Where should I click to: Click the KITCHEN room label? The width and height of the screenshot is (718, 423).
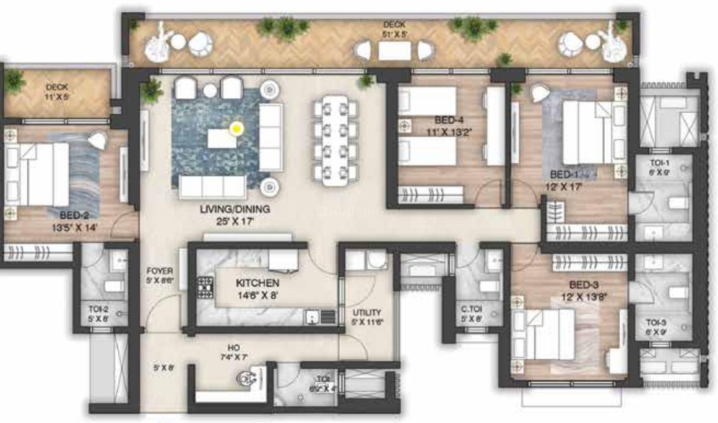coord(257,283)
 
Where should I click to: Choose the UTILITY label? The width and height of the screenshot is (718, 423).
coord(367,313)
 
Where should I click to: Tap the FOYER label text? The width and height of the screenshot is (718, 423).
coord(159,271)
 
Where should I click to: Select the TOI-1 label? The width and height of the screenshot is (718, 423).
coord(659,163)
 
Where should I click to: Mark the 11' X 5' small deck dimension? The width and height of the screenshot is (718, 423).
coord(56,96)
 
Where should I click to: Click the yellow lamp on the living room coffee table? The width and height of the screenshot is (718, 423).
coord(236,129)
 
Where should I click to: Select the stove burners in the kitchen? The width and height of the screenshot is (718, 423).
coord(205,288)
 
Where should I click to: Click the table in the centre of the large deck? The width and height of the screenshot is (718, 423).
coord(394,51)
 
